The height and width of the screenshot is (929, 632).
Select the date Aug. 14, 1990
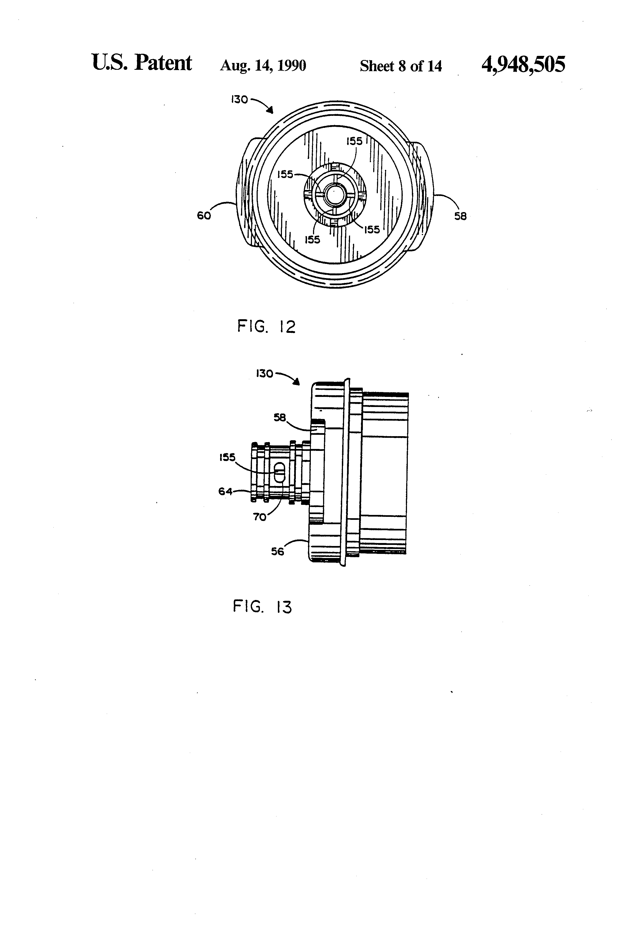click(x=263, y=65)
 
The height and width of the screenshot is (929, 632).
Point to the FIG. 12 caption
click(x=266, y=327)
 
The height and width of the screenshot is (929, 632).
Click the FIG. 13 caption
click(x=262, y=607)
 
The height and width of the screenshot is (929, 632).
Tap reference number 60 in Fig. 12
click(x=204, y=216)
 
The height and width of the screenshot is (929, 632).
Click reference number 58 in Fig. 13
click(x=280, y=417)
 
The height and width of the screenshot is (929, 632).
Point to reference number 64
click(x=225, y=491)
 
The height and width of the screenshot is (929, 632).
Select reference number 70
click(x=260, y=517)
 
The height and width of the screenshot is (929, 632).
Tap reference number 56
click(x=277, y=552)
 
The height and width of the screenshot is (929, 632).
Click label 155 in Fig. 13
click(x=227, y=457)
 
